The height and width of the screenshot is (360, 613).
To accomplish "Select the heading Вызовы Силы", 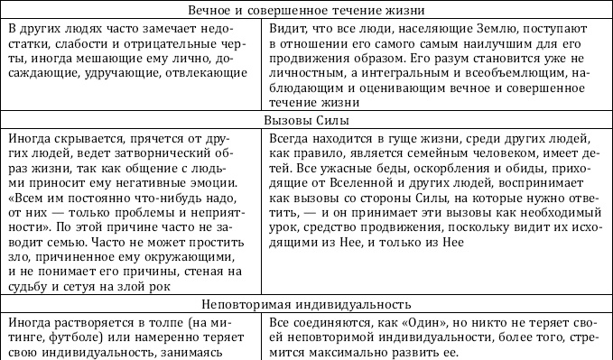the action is tap(305, 120).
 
